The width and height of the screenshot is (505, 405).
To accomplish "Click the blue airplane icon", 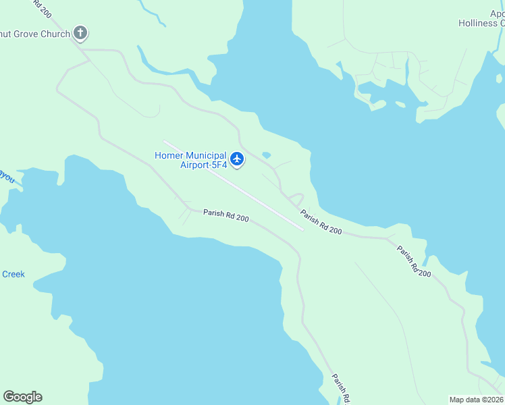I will (x=236, y=159).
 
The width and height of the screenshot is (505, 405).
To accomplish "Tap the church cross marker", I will (x=80, y=33).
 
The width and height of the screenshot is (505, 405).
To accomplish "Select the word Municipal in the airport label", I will (x=205, y=155).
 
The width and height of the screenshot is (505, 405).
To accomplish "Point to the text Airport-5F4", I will (x=203, y=165).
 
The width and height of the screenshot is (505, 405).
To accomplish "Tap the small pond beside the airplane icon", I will (x=266, y=155).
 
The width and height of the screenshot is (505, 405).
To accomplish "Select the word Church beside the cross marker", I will (x=55, y=34).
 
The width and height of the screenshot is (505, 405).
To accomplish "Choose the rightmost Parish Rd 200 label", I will (x=413, y=261).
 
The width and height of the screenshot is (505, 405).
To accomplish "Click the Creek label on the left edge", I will (x=14, y=274).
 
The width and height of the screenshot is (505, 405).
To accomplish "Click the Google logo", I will (x=22, y=396).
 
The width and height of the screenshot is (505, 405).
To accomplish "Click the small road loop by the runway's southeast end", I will (x=295, y=200).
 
